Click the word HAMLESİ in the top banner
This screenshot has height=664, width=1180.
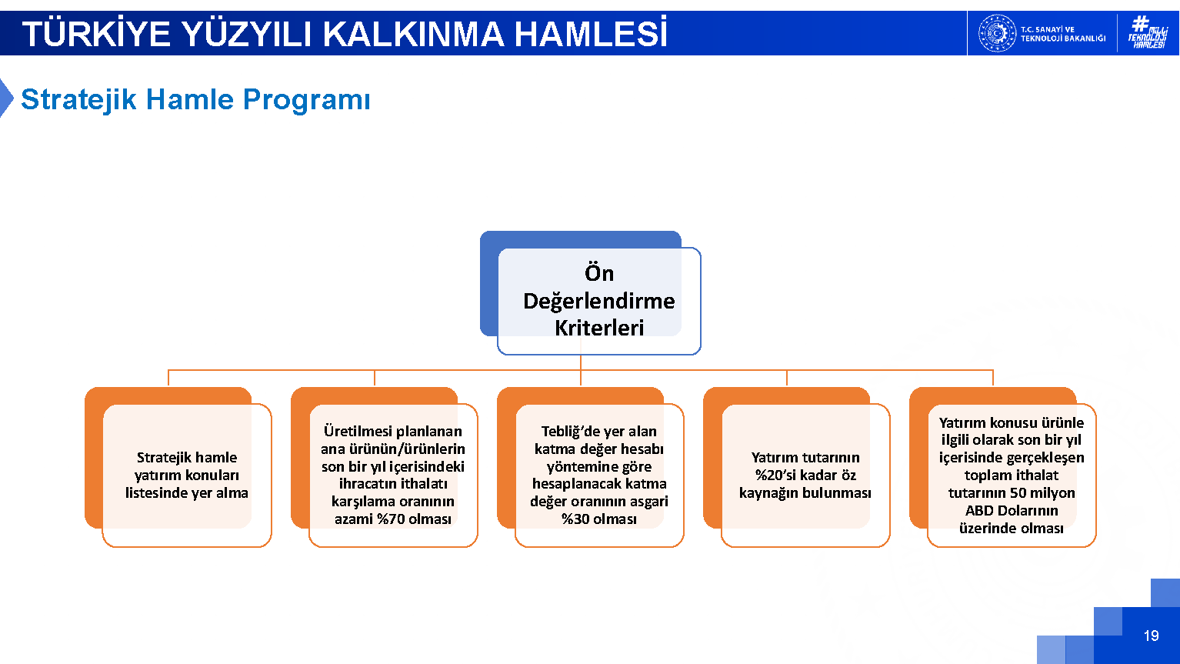(591, 33)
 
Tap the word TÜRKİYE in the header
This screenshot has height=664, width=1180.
(96, 33)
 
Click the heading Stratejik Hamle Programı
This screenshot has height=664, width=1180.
(195, 99)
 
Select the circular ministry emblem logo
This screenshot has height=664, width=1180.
(997, 33)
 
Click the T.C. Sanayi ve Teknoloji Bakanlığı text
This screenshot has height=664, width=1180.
(1063, 34)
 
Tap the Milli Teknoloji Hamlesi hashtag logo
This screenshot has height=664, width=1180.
(1148, 32)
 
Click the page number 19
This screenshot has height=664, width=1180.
(1151, 636)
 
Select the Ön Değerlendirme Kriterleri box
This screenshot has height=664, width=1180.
(599, 301)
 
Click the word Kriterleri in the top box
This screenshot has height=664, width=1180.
(599, 328)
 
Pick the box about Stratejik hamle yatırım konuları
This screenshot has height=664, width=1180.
(187, 475)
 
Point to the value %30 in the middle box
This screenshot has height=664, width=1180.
(575, 519)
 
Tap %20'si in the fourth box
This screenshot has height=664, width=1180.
(777, 475)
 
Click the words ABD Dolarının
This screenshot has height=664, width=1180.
(1012, 511)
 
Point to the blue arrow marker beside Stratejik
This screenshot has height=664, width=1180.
(6, 98)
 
